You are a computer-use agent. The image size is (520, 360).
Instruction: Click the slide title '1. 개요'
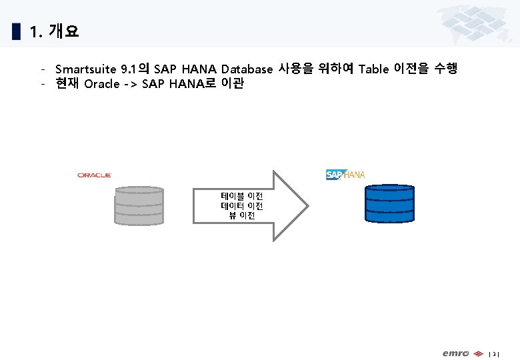coord(54,31)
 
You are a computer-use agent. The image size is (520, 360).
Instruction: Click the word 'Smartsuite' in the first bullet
coord(85,69)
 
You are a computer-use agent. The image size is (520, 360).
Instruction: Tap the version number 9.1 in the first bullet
coord(127,69)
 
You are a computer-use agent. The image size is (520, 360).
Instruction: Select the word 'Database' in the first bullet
coord(247,69)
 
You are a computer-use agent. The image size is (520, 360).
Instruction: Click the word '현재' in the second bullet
coord(67,85)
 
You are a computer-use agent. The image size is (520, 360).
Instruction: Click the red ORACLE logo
coord(94,175)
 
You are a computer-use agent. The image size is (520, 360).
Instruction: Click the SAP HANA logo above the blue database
coord(345,175)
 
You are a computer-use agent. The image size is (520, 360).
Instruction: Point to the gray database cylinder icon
coord(138,205)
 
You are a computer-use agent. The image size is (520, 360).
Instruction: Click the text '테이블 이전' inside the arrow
coord(242,197)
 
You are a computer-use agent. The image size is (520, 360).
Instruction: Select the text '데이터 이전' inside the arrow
coord(242,206)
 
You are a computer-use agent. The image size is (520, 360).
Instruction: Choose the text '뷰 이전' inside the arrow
coord(242,215)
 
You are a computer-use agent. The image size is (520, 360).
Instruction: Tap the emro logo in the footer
coord(456,353)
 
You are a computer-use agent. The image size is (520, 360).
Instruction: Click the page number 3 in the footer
coord(494,353)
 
